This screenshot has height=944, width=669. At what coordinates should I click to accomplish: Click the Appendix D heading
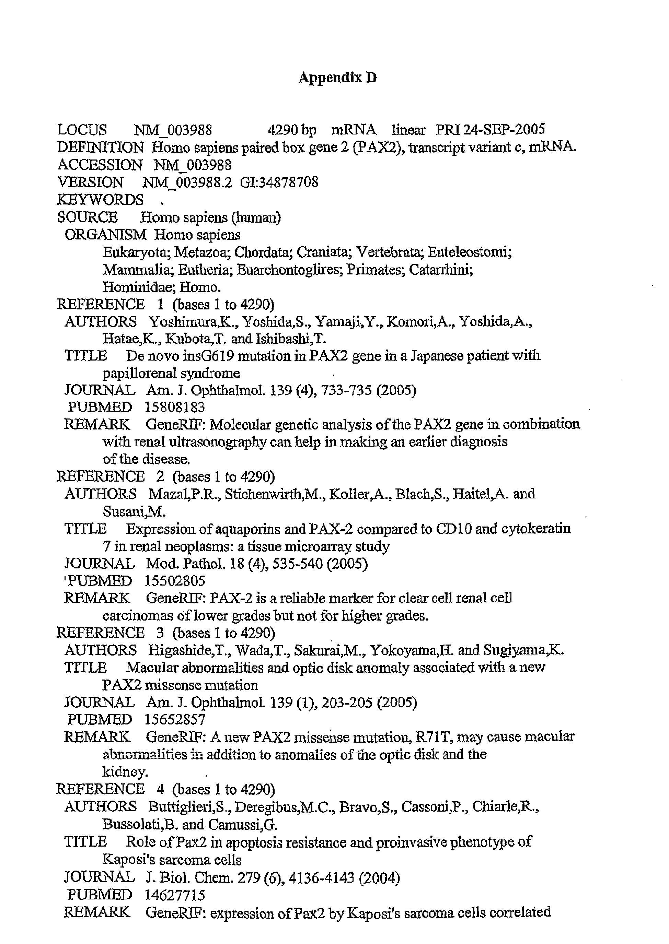[x=337, y=78]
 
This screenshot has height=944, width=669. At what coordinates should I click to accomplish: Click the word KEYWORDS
[x=100, y=200]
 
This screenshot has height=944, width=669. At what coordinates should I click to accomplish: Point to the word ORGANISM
[x=105, y=235]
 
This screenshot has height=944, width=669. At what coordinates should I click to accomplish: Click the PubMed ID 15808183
[x=175, y=407]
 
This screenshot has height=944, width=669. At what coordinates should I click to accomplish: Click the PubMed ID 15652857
[x=175, y=719]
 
